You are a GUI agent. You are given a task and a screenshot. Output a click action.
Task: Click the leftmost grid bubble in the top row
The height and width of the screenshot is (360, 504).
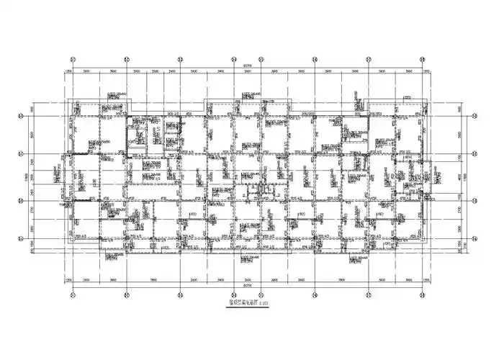coord(72,59)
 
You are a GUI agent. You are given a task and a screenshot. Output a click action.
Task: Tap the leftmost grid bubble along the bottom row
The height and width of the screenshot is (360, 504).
coord(72,293)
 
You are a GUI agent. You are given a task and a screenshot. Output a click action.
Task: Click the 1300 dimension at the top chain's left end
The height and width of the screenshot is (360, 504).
coord(68,73)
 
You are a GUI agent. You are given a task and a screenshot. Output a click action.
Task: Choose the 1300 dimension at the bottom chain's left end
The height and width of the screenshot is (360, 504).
coord(68,280)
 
